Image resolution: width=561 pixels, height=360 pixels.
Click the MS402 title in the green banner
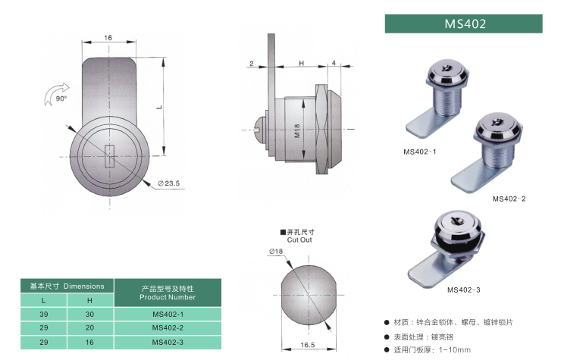pos(465,24)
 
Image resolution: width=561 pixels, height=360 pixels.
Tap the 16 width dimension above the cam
pos(108,38)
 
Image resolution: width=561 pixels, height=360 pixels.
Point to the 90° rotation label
pos(61,99)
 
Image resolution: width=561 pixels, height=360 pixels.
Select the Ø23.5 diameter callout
pos(169,183)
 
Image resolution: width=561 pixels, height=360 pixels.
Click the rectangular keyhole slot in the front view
pos(109,155)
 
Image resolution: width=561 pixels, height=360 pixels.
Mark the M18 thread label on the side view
pos(297,131)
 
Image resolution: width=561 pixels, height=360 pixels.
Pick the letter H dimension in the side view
pos(301,63)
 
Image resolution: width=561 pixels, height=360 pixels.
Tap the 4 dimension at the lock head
pos(334,63)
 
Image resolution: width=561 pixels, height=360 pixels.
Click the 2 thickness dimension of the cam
pos(251,64)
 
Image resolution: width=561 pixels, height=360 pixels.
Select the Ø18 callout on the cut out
pos(276,251)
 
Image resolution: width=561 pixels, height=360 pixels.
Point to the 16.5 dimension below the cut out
pos(307,345)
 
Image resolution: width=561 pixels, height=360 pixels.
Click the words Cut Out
pos(299,239)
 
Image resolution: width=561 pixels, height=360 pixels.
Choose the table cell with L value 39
pos(44,315)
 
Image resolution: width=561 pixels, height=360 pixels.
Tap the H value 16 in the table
pos(89,342)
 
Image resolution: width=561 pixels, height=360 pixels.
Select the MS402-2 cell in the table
pos(168,328)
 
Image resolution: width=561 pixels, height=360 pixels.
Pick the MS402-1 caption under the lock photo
pos(420,152)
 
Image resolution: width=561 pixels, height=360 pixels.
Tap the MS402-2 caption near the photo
pos(509,199)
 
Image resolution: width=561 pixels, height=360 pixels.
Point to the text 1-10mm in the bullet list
pos(454,349)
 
